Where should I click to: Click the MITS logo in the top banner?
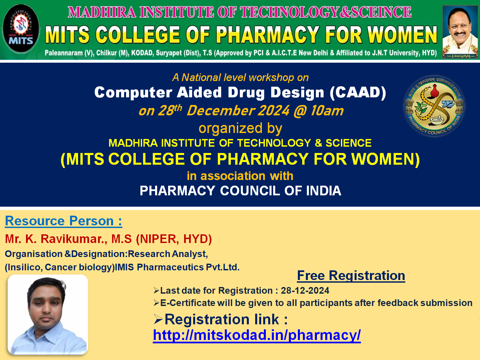(x=21, y=29)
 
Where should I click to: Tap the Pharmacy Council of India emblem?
(x=434, y=106)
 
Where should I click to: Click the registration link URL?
(x=257, y=335)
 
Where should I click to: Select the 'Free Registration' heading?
(x=351, y=275)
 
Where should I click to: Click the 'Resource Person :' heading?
(x=63, y=221)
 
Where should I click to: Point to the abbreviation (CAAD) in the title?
(x=358, y=93)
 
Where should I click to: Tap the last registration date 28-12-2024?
(x=305, y=291)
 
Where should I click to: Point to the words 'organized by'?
(x=240, y=128)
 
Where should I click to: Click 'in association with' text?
(x=240, y=176)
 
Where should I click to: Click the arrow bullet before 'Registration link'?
(x=158, y=319)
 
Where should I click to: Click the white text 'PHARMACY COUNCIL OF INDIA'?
(x=240, y=191)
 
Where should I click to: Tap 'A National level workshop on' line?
(x=240, y=78)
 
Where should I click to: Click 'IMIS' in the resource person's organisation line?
(x=124, y=267)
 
